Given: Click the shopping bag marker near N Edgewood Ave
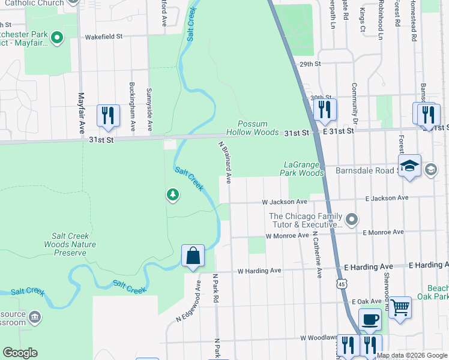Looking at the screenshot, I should pyautogui.click(x=193, y=256).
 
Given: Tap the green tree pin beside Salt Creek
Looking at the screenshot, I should pyautogui.click(x=172, y=194).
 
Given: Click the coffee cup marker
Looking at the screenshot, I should pyautogui.click(x=370, y=320).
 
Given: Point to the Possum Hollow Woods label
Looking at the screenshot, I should pyautogui.click(x=252, y=127).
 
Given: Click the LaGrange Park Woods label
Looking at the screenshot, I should pyautogui.click(x=304, y=169).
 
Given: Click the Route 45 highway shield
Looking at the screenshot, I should pyautogui.click(x=340, y=283).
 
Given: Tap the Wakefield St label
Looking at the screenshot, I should pyautogui.click(x=103, y=36).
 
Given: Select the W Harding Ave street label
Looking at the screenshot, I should pyautogui.click(x=259, y=271).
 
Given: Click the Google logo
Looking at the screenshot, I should pyautogui.click(x=20, y=353).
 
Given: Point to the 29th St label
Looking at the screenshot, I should pyautogui.click(x=311, y=64).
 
